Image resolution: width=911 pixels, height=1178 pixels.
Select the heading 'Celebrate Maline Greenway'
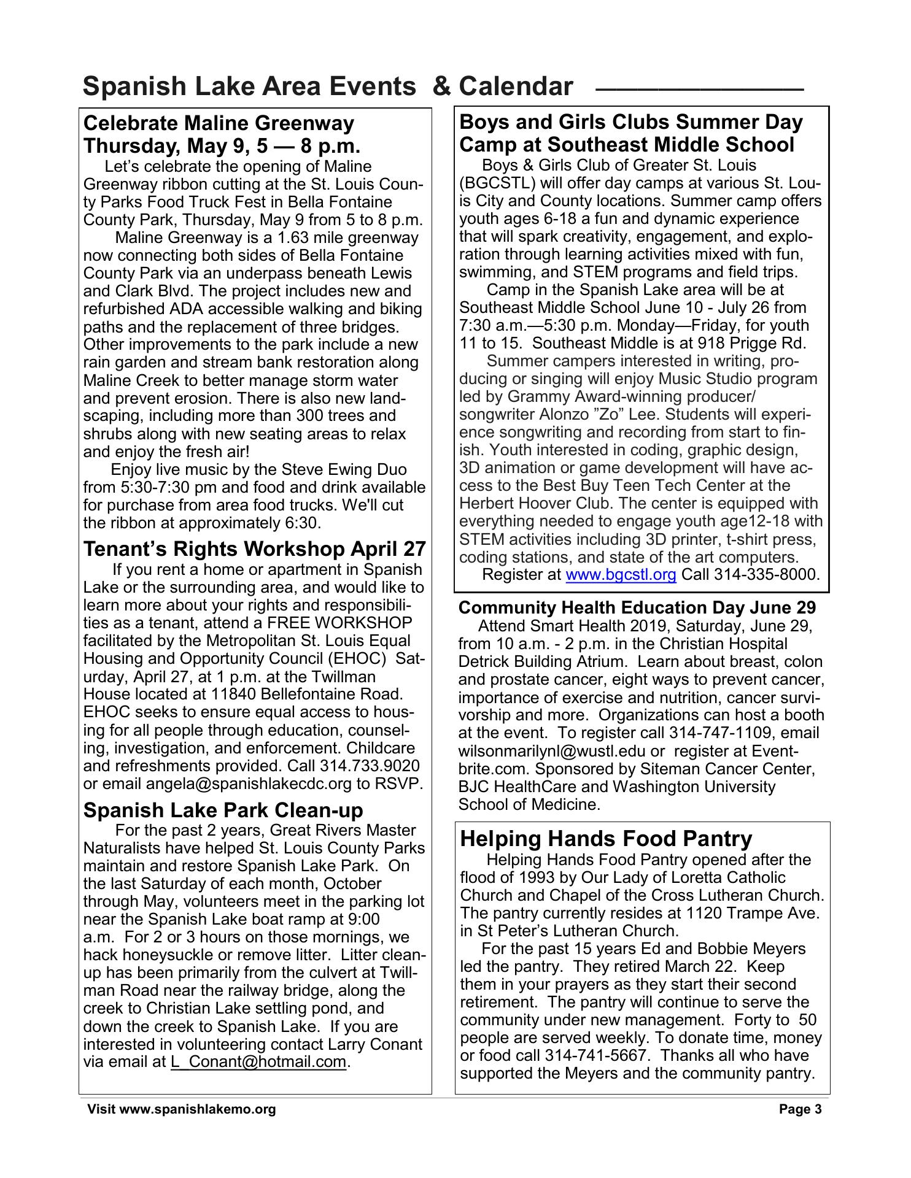tap(219, 123)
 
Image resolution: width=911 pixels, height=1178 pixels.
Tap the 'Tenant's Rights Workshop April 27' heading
tap(254, 548)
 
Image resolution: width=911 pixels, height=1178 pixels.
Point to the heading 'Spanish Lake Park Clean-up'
tap(223, 810)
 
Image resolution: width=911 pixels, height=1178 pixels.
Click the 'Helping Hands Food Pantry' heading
tap(605, 838)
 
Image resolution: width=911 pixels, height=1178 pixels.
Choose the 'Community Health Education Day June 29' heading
tap(637, 607)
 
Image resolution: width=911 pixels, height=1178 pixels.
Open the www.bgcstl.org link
tap(620, 575)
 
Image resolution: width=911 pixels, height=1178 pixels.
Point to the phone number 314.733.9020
tap(370, 766)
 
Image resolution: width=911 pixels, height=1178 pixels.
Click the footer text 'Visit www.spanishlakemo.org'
tap(181, 1109)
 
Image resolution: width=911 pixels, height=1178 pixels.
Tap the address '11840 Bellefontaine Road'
tap(307, 695)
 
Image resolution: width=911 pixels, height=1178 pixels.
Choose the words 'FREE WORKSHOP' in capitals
tap(339, 623)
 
